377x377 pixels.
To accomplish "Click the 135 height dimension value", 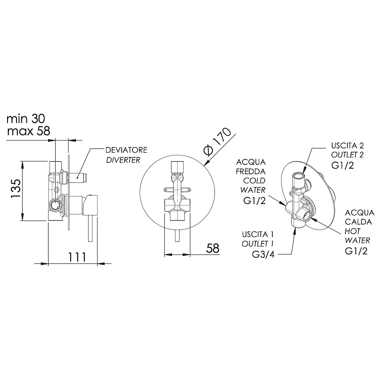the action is click(x=16, y=188).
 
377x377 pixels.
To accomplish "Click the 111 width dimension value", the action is click(x=77, y=257).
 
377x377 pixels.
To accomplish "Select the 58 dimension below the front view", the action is click(x=213, y=248).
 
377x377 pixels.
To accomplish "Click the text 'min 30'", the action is click(x=26, y=119).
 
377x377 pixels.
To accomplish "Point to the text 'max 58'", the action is click(x=29, y=131).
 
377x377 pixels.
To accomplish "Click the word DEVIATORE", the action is click(x=126, y=150).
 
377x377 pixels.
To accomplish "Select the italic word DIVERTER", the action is click(x=123, y=160).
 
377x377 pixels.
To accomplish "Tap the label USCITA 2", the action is click(x=347, y=146).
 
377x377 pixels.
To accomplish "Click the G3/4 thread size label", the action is click(x=263, y=254).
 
